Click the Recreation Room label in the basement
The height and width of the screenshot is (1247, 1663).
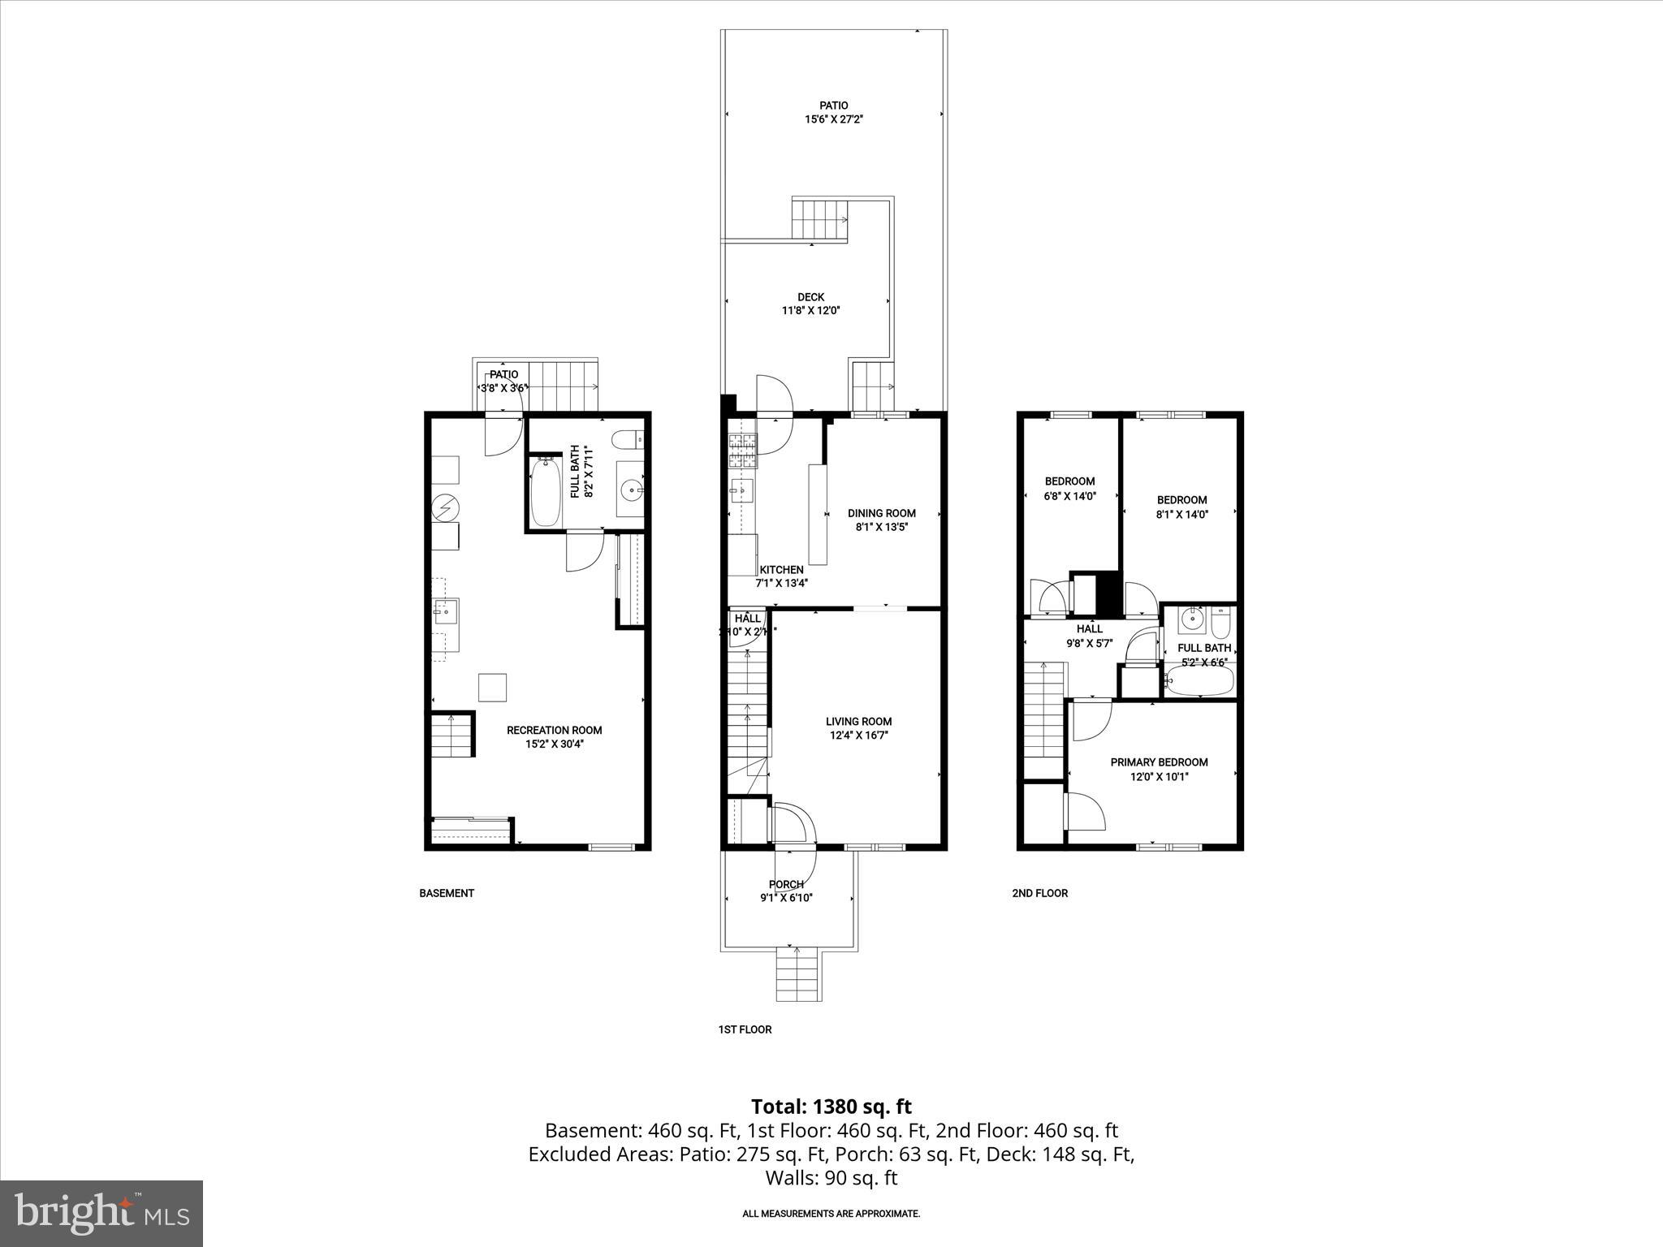click(554, 730)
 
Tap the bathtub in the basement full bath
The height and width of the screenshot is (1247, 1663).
click(545, 492)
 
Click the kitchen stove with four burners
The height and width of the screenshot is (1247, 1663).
click(741, 452)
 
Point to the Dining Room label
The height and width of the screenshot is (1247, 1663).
click(881, 513)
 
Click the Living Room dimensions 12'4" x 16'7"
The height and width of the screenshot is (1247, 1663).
click(858, 736)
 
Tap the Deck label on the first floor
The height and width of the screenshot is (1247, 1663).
click(810, 297)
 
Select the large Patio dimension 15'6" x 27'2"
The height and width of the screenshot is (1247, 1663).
click(833, 119)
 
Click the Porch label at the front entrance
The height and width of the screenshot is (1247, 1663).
click(786, 884)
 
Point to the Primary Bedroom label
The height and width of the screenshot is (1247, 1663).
click(1159, 762)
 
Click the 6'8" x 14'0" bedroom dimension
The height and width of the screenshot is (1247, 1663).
click(1070, 495)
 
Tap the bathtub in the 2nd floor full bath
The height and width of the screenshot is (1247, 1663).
click(1199, 682)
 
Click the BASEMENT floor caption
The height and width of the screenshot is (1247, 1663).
click(447, 893)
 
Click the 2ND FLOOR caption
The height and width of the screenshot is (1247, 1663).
click(1039, 893)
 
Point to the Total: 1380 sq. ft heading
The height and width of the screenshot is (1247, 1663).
click(831, 1107)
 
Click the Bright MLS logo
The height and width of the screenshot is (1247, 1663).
click(102, 1213)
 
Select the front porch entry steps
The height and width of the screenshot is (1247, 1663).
click(799, 974)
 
